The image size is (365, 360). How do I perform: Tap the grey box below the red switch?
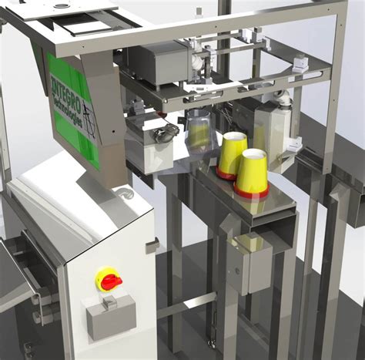[x=110, y=317]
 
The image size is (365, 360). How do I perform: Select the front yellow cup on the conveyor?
[x=253, y=175]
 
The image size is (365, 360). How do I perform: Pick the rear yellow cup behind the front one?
[x=233, y=153]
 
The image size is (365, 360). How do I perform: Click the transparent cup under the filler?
[x=199, y=132]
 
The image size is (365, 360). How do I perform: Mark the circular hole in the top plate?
[x=59, y=5]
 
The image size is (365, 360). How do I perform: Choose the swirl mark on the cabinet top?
[x=124, y=193]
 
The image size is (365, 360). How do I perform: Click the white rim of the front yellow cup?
[x=254, y=154]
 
